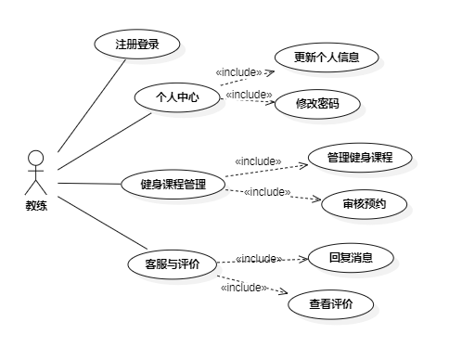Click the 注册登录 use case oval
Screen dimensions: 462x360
pyautogui.click(x=137, y=44)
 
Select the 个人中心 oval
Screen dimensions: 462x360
pyautogui.click(x=177, y=97)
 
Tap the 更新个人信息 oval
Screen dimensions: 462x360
pyautogui.click(x=327, y=58)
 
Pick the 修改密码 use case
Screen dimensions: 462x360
pyautogui.click(x=317, y=104)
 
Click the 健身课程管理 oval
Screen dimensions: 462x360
pyautogui.click(x=173, y=185)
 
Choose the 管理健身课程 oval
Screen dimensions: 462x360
pyautogui.click(x=360, y=158)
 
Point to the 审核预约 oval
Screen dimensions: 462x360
pyautogui.click(x=365, y=204)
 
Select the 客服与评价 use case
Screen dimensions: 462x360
pyautogui.click(x=173, y=264)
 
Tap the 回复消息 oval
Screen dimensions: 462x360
pyautogui.click(x=351, y=257)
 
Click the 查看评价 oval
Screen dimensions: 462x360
pyautogui.click(x=331, y=304)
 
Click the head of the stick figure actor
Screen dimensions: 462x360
pyautogui.click(x=35, y=159)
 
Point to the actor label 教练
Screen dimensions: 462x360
pyautogui.click(x=36, y=205)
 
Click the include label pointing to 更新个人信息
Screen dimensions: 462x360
pyautogui.click(x=238, y=72)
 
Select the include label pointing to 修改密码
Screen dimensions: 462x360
pyautogui.click(x=249, y=95)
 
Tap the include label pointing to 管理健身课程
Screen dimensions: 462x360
pyautogui.click(x=258, y=161)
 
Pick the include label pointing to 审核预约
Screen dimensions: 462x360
pyautogui.click(x=267, y=192)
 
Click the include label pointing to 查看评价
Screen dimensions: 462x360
pyautogui.click(x=244, y=288)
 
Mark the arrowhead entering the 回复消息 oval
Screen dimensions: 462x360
pyautogui.click(x=304, y=259)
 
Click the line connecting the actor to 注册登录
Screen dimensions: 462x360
pyautogui.click(x=92, y=106)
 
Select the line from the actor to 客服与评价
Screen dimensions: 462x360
pyautogui.click(x=102, y=223)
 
